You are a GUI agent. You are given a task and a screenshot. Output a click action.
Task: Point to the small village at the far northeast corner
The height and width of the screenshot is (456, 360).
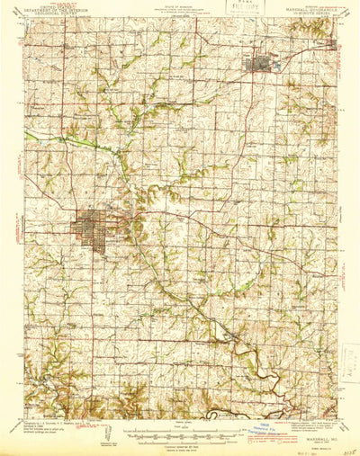click(x=332, y=42)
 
